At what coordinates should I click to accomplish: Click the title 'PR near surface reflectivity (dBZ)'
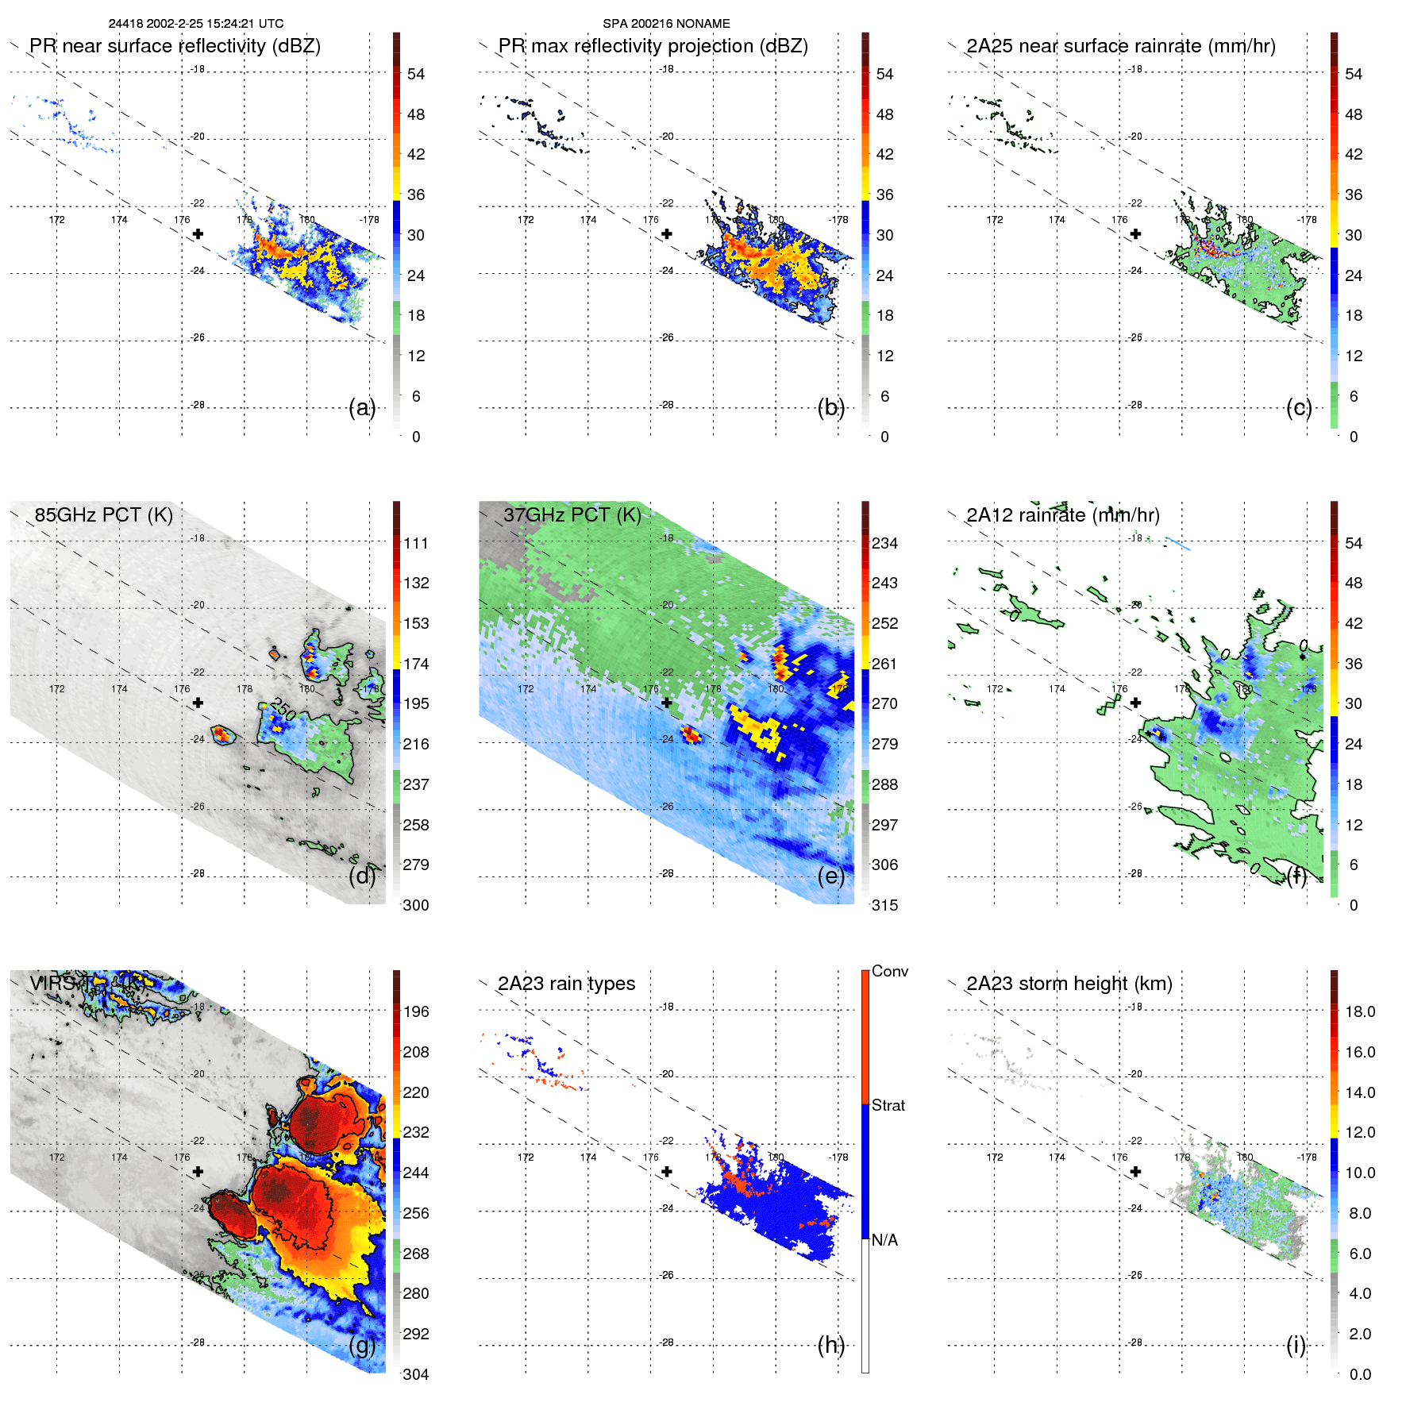pyautogui.click(x=175, y=46)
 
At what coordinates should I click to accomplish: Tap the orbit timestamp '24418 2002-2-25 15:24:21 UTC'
pyautogui.click(x=196, y=24)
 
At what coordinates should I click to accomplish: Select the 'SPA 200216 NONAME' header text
pyautogui.click(x=666, y=24)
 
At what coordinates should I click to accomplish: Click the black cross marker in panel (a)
pyautogui.click(x=198, y=234)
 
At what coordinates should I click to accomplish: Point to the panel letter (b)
pyautogui.click(x=830, y=408)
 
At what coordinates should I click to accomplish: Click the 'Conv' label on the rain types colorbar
pyautogui.click(x=889, y=972)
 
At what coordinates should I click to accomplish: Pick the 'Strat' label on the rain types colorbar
pyautogui.click(x=888, y=1106)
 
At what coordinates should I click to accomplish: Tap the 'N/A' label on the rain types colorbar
pyautogui.click(x=884, y=1240)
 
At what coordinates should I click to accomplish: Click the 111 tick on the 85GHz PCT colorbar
pyautogui.click(x=416, y=544)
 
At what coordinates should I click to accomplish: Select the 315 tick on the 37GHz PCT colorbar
pyautogui.click(x=884, y=906)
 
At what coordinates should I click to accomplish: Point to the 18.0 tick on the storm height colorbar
pyautogui.click(x=1359, y=1012)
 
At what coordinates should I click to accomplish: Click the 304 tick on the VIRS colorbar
pyautogui.click(x=416, y=1374)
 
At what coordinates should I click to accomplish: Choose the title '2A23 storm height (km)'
pyautogui.click(x=1069, y=984)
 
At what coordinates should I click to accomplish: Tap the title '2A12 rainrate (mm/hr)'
pyautogui.click(x=1062, y=515)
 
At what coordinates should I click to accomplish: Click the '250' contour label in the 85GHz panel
pyautogui.click(x=283, y=708)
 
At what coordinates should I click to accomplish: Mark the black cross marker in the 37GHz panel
pyautogui.click(x=667, y=703)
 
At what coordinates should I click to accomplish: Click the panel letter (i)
pyautogui.click(x=1296, y=1346)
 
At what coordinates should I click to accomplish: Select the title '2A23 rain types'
pyautogui.click(x=566, y=984)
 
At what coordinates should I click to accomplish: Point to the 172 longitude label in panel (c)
pyautogui.click(x=994, y=220)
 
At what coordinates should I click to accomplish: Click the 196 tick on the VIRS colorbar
pyautogui.click(x=416, y=1012)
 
